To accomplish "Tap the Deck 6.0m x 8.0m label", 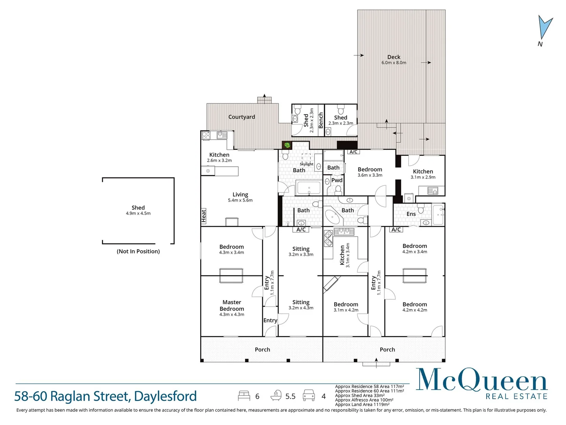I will (x=394, y=59).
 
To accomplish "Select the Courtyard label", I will (x=242, y=117).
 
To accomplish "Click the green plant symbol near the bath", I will (x=287, y=145).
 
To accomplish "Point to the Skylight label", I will (x=306, y=164).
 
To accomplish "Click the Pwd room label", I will (x=337, y=180).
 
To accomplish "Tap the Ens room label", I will (x=411, y=214).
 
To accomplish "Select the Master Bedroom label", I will (x=232, y=306).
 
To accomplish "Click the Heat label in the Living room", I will (x=203, y=216).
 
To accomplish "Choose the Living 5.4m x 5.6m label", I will (x=240, y=197).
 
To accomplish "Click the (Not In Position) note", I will (x=138, y=251).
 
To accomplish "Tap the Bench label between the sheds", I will (x=321, y=120).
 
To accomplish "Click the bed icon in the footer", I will (x=244, y=396).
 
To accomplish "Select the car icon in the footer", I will (x=309, y=396).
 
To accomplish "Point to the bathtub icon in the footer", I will (x=277, y=395).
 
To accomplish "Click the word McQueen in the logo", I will (x=481, y=380).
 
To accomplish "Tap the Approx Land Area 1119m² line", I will (x=362, y=405).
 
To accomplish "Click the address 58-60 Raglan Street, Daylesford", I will (x=105, y=396).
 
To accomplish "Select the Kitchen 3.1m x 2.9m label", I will (x=423, y=174).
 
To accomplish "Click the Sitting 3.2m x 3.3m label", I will (x=301, y=251).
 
